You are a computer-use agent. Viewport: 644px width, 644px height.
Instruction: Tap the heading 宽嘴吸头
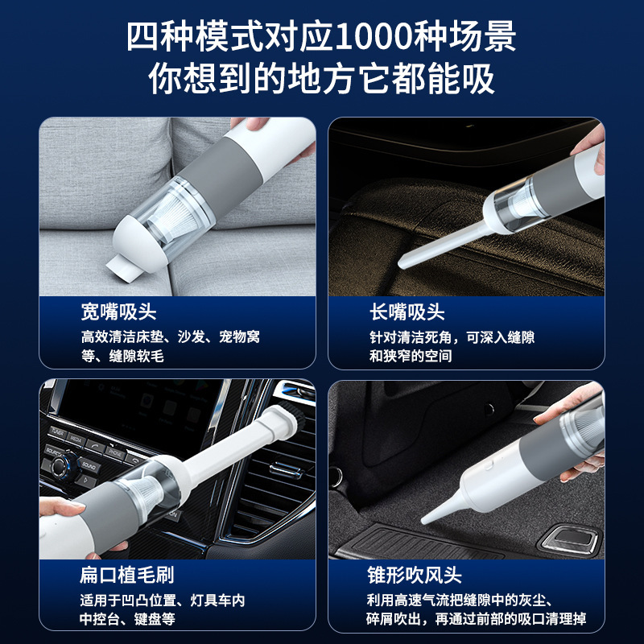(118, 312)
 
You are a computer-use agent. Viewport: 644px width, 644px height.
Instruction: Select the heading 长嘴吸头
(407, 312)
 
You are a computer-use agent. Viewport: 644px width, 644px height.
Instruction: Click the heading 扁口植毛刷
(127, 575)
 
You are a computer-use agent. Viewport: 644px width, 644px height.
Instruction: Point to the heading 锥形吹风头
(415, 575)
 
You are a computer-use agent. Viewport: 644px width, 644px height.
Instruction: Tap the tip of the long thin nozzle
(402, 264)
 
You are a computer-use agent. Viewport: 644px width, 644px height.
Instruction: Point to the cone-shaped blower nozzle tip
(425, 520)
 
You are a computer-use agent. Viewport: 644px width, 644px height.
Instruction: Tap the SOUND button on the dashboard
(89, 465)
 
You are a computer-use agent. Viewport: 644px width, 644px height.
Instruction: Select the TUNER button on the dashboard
(57, 432)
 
